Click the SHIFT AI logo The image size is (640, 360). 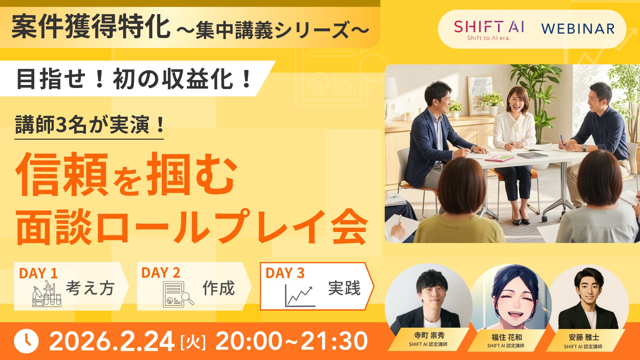(x=489, y=29)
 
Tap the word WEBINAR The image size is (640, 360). (x=578, y=29)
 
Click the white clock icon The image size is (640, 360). (x=26, y=341)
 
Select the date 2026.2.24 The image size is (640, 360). (x=112, y=341)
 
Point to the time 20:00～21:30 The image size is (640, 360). (x=292, y=341)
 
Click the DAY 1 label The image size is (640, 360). (x=38, y=273)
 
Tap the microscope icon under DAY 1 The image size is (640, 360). (x=47, y=294)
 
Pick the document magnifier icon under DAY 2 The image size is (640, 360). (x=178, y=294)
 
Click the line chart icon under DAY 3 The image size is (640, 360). (x=299, y=296)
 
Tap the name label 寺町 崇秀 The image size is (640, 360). (x=429, y=335)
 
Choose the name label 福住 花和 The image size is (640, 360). (x=506, y=337)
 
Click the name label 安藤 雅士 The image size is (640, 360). (x=584, y=337)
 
